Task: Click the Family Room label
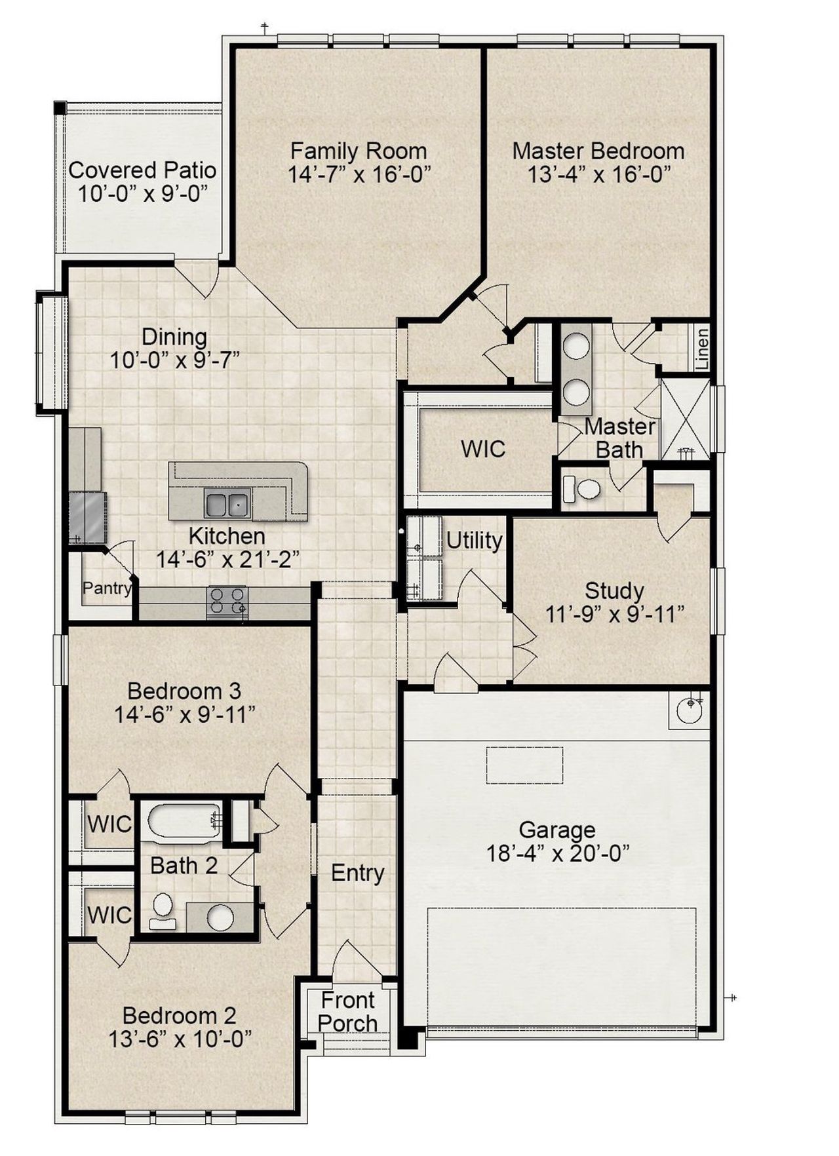pyautogui.click(x=359, y=151)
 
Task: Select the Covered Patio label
pyautogui.click(x=142, y=170)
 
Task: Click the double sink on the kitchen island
pyautogui.click(x=227, y=504)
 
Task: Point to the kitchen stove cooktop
pyautogui.click(x=227, y=602)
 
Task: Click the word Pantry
pyautogui.click(x=106, y=588)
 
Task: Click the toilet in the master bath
pyautogui.click(x=583, y=489)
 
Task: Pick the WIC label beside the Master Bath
pyautogui.click(x=483, y=450)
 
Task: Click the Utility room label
pyautogui.click(x=474, y=541)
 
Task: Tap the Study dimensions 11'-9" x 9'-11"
pyautogui.click(x=615, y=615)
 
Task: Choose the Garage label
pyautogui.click(x=557, y=830)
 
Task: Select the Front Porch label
pyautogui.click(x=347, y=1012)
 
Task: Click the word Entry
pyautogui.click(x=357, y=873)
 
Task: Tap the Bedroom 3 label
pyautogui.click(x=184, y=691)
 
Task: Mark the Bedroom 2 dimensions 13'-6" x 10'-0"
pyautogui.click(x=181, y=1039)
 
